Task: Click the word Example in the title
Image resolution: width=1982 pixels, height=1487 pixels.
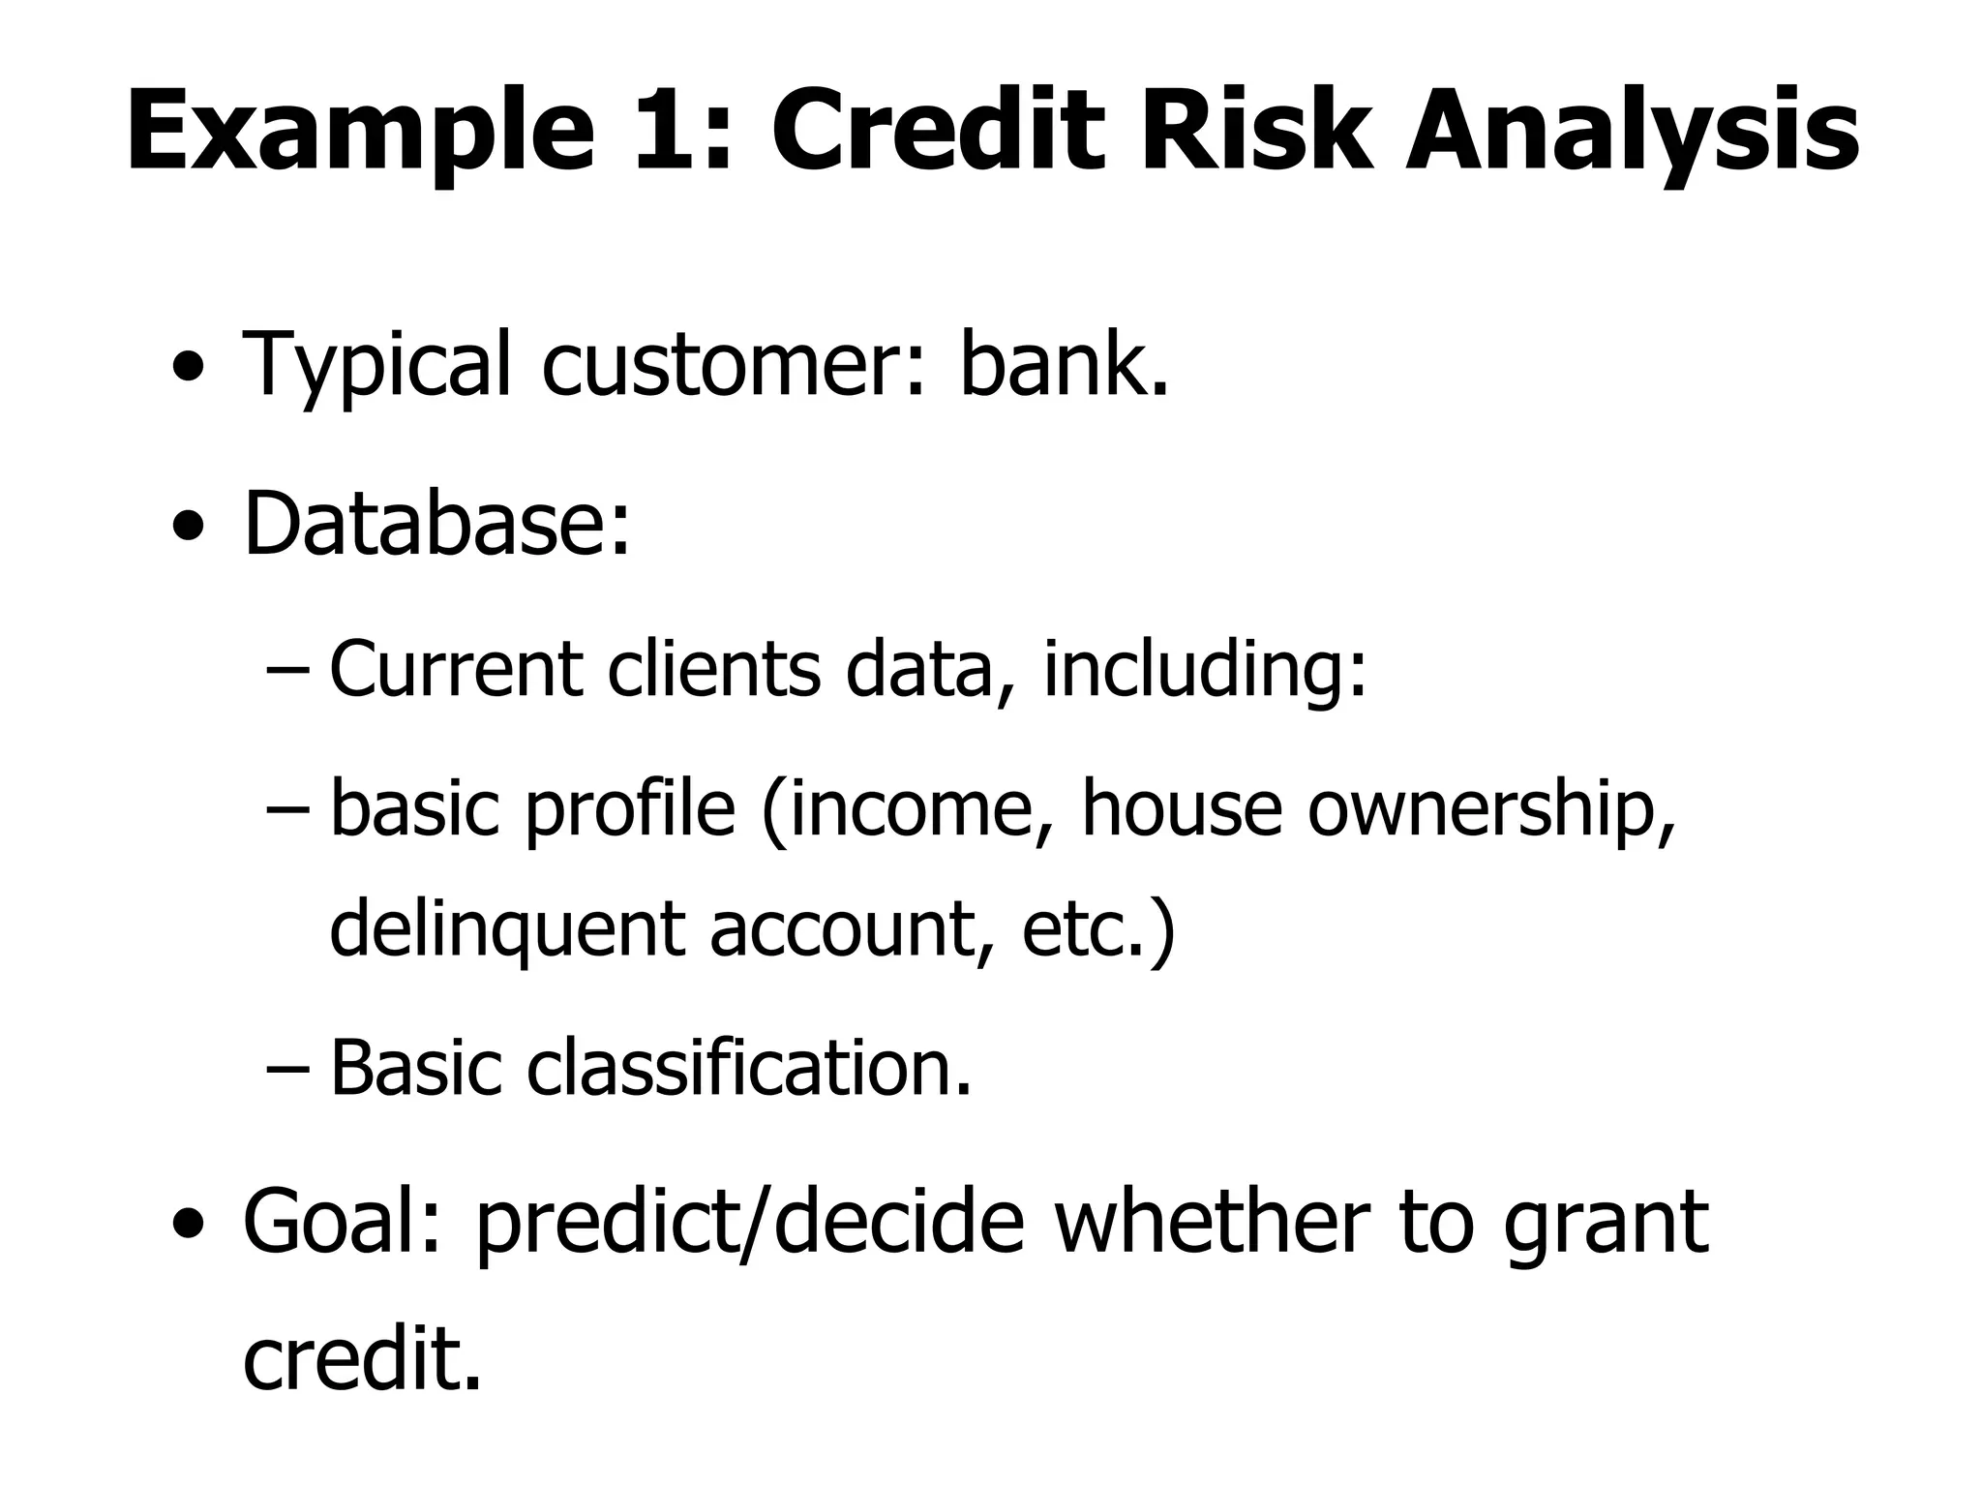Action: tap(358, 134)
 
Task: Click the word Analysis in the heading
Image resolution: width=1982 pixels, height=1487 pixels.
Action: tap(1632, 134)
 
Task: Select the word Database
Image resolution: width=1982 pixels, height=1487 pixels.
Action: tap(435, 525)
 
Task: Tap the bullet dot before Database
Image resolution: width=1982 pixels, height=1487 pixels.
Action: tap(189, 529)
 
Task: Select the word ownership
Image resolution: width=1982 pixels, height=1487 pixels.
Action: tap(1490, 809)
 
